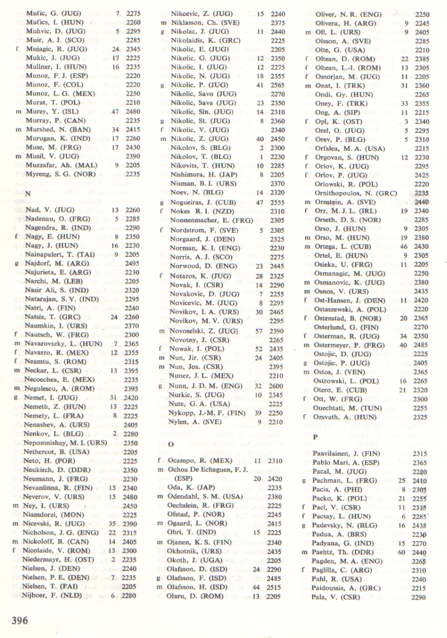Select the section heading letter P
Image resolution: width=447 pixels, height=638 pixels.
point(315,437)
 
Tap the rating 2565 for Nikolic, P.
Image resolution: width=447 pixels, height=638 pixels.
point(277,85)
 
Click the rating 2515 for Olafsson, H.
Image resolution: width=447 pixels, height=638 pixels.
point(277,587)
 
